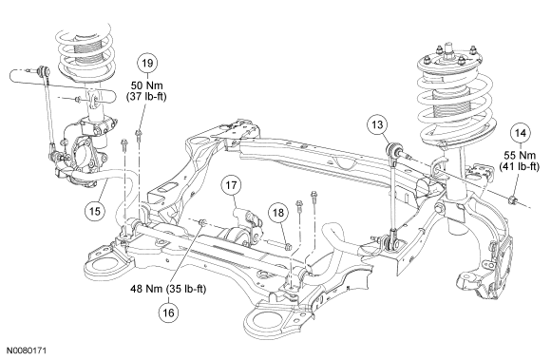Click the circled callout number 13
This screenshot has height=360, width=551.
click(377, 124)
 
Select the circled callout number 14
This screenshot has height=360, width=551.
click(521, 133)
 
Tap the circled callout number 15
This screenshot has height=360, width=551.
click(95, 211)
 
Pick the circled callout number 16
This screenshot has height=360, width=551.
click(169, 313)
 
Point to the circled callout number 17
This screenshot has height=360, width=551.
click(231, 184)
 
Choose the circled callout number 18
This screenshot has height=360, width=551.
click(278, 213)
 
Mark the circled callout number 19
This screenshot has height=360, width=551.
click(147, 64)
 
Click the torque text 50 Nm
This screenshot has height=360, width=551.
click(146, 85)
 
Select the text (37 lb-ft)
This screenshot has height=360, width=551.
click(146, 96)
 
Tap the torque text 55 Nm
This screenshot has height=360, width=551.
click(520, 155)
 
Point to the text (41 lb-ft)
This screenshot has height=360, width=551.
click(520, 166)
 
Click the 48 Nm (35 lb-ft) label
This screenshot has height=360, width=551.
click(168, 289)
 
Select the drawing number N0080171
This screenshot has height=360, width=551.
click(27, 351)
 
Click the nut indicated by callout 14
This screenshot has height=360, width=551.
click(512, 200)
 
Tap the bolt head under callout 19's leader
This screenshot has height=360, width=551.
click(138, 132)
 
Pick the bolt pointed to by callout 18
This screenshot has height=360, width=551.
click(287, 247)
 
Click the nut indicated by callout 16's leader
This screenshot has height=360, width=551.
click(202, 222)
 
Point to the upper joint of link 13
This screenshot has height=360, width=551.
click(393, 150)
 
